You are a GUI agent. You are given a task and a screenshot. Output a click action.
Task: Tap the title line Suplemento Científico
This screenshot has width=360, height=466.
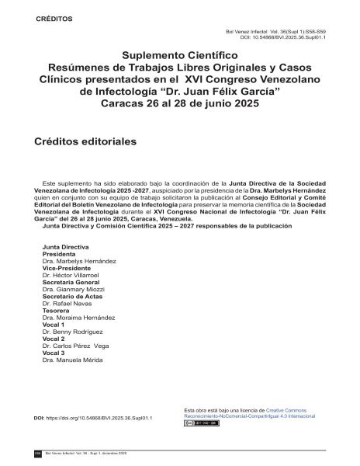point(179,56)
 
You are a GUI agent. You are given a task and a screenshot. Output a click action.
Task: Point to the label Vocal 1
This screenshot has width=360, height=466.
point(53,325)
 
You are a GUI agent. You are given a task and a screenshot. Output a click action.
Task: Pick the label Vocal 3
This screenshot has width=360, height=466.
point(53,353)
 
